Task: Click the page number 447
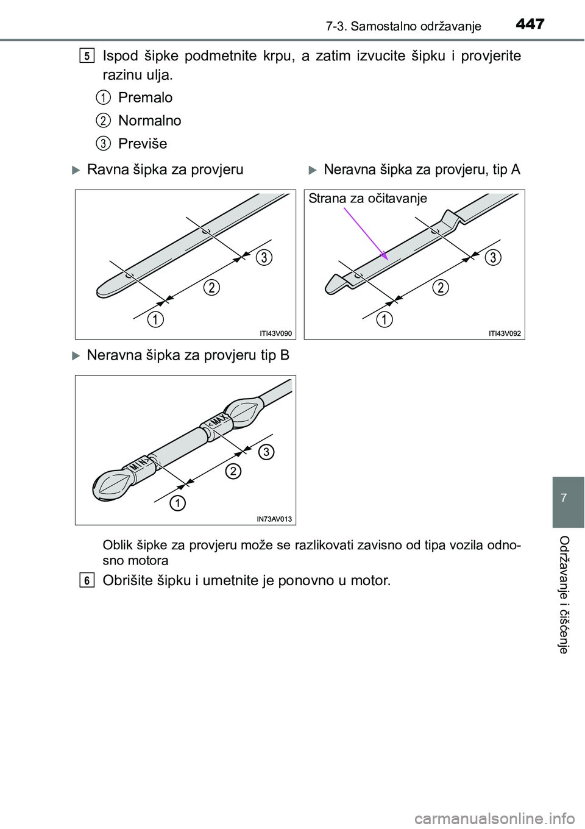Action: click(x=528, y=24)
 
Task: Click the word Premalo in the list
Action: click(x=145, y=98)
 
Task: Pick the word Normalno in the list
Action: click(x=149, y=121)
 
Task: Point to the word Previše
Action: click(x=142, y=144)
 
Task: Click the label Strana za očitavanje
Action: click(x=367, y=198)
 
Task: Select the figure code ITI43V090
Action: click(x=276, y=333)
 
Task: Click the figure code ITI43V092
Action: click(x=505, y=333)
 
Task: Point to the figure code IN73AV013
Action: click(x=275, y=519)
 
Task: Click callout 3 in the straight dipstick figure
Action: click(x=263, y=257)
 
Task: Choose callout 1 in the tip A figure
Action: click(x=384, y=319)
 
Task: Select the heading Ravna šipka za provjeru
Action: click(x=165, y=169)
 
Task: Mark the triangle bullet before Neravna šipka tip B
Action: click(x=76, y=355)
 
